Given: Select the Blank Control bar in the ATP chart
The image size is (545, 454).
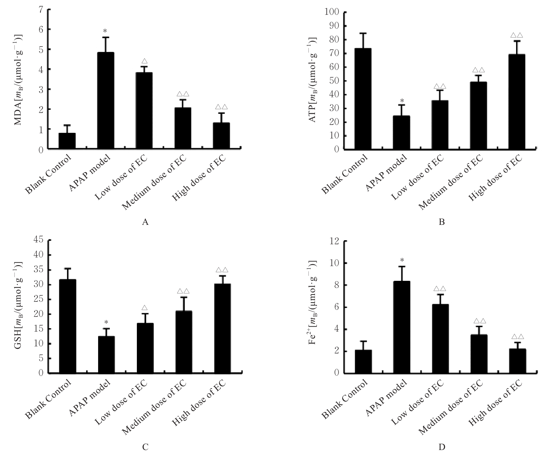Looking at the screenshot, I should (363, 99).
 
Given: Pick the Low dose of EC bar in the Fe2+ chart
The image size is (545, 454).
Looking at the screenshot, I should (440, 339).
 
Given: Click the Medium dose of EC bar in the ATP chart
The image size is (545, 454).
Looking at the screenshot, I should (479, 115).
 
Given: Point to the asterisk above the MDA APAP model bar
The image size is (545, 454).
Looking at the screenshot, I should (105, 31).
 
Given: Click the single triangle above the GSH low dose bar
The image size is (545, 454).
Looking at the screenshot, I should (145, 308).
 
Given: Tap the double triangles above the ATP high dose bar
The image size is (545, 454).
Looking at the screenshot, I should (517, 35).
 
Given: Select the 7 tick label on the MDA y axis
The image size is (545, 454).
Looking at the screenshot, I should (41, 10).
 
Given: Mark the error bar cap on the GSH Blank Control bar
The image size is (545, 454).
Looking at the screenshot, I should (67, 269).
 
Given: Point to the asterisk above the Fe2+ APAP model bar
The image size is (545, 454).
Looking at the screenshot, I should (401, 260).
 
